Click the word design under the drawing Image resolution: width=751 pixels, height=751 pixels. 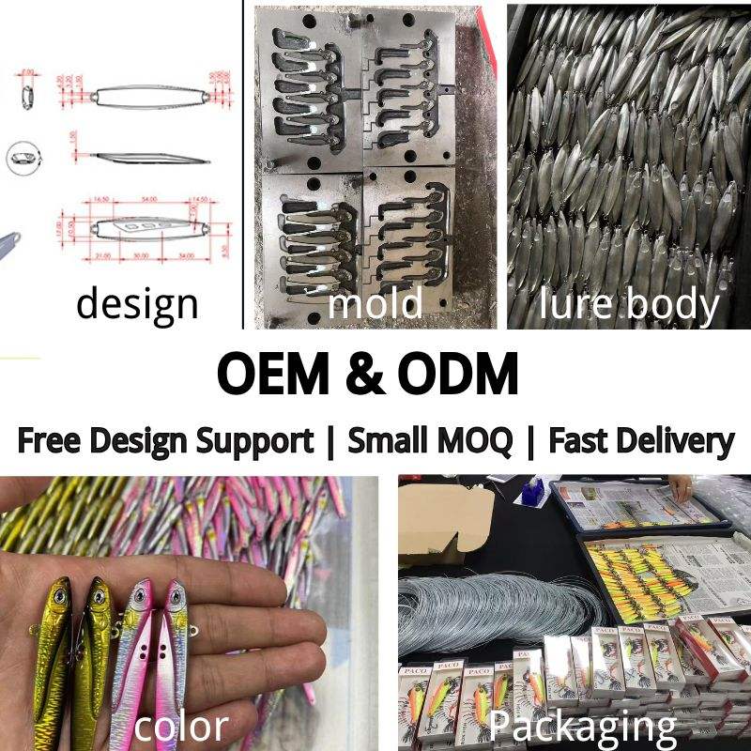137,303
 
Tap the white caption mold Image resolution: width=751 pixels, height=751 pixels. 374,303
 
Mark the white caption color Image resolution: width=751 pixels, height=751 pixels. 181,726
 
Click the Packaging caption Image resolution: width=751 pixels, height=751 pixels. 582,726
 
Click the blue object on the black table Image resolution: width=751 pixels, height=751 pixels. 536,491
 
